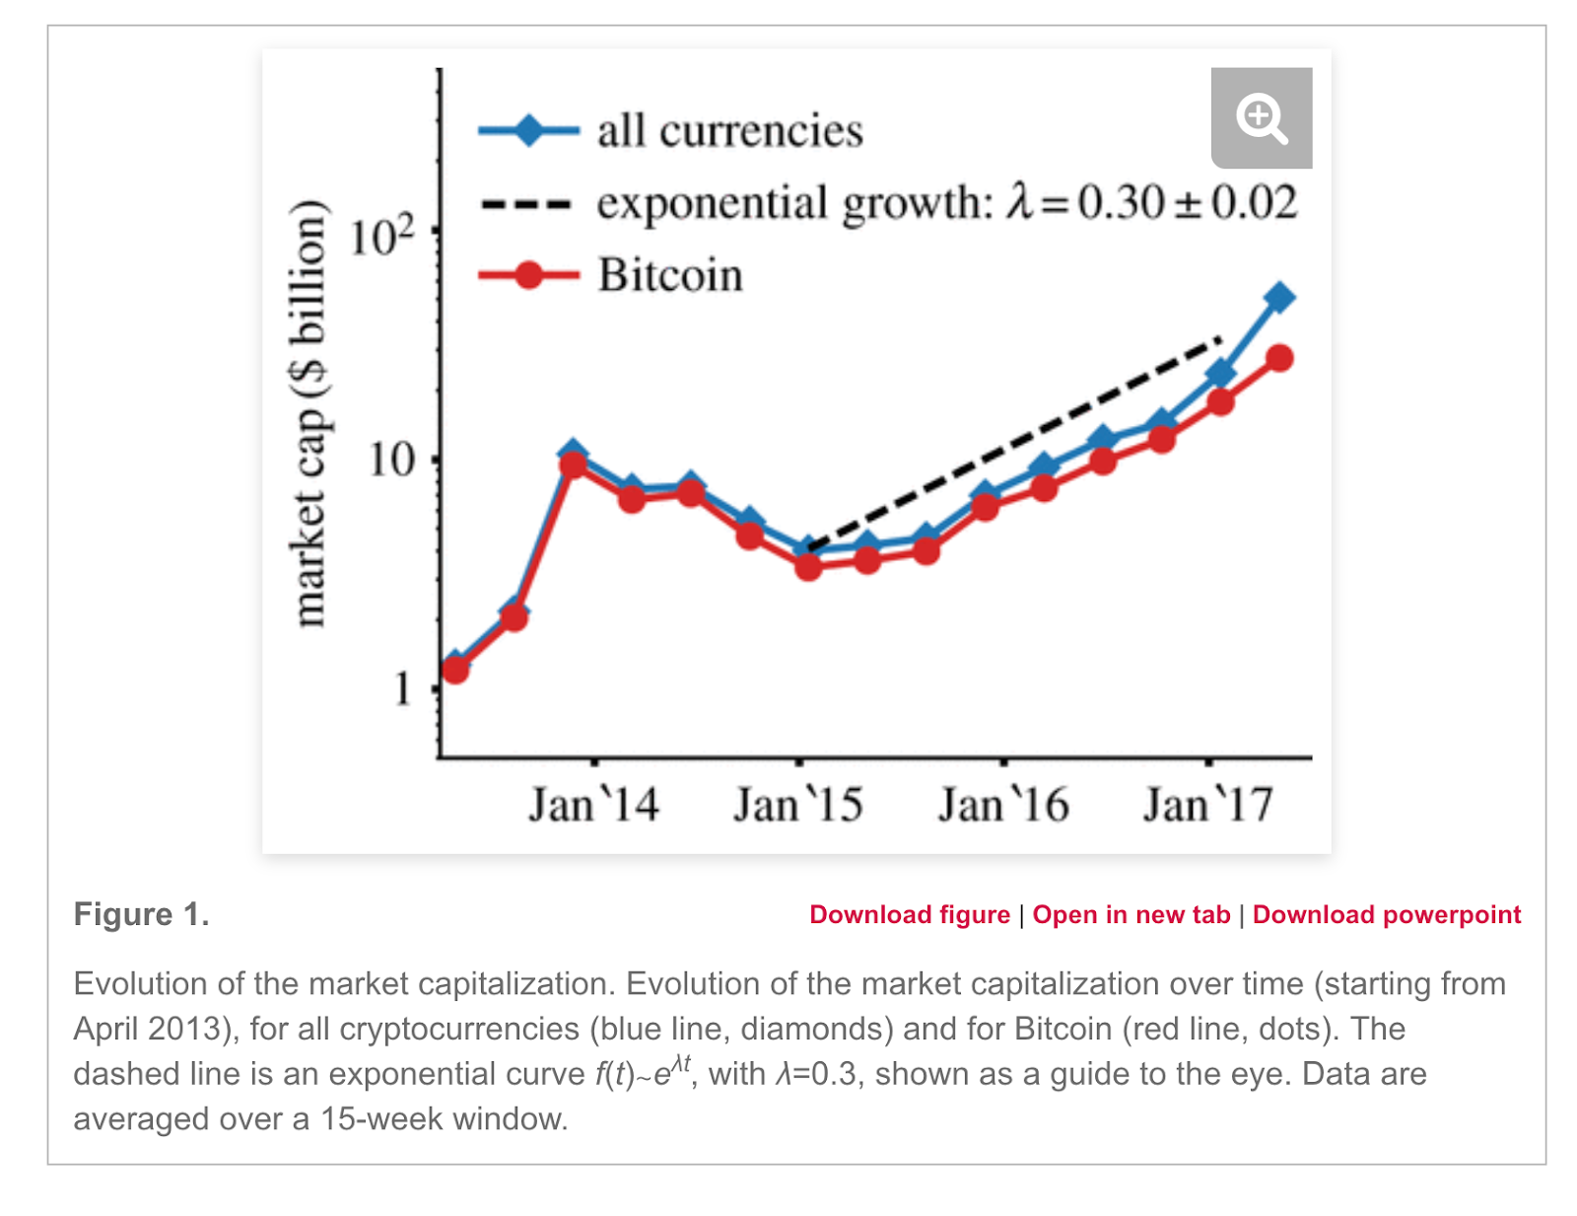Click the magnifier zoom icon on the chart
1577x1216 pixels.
tap(1261, 118)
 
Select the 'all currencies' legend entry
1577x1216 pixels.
tap(729, 131)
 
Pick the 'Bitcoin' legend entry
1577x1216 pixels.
tap(670, 275)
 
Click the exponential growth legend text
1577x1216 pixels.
tap(946, 203)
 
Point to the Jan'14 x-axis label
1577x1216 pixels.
tap(593, 805)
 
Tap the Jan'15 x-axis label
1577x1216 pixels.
tap(798, 805)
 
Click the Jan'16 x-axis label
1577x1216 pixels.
tap(1003, 805)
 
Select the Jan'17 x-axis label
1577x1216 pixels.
tap(1208, 805)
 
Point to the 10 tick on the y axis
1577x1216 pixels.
tap(391, 460)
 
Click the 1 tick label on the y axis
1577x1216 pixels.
tap(402, 689)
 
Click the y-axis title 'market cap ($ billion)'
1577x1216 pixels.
tap(309, 413)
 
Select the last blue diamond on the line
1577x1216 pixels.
tap(1278, 297)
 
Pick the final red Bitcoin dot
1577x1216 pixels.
tap(1279, 358)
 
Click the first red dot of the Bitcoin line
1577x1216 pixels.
tap(454, 671)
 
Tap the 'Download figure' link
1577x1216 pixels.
tap(910, 915)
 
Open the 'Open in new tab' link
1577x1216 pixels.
tap(1131, 915)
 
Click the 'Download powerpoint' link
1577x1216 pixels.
tap(1387, 915)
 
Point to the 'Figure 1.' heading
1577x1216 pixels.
tap(141, 914)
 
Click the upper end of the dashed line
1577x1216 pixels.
tap(1220, 340)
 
